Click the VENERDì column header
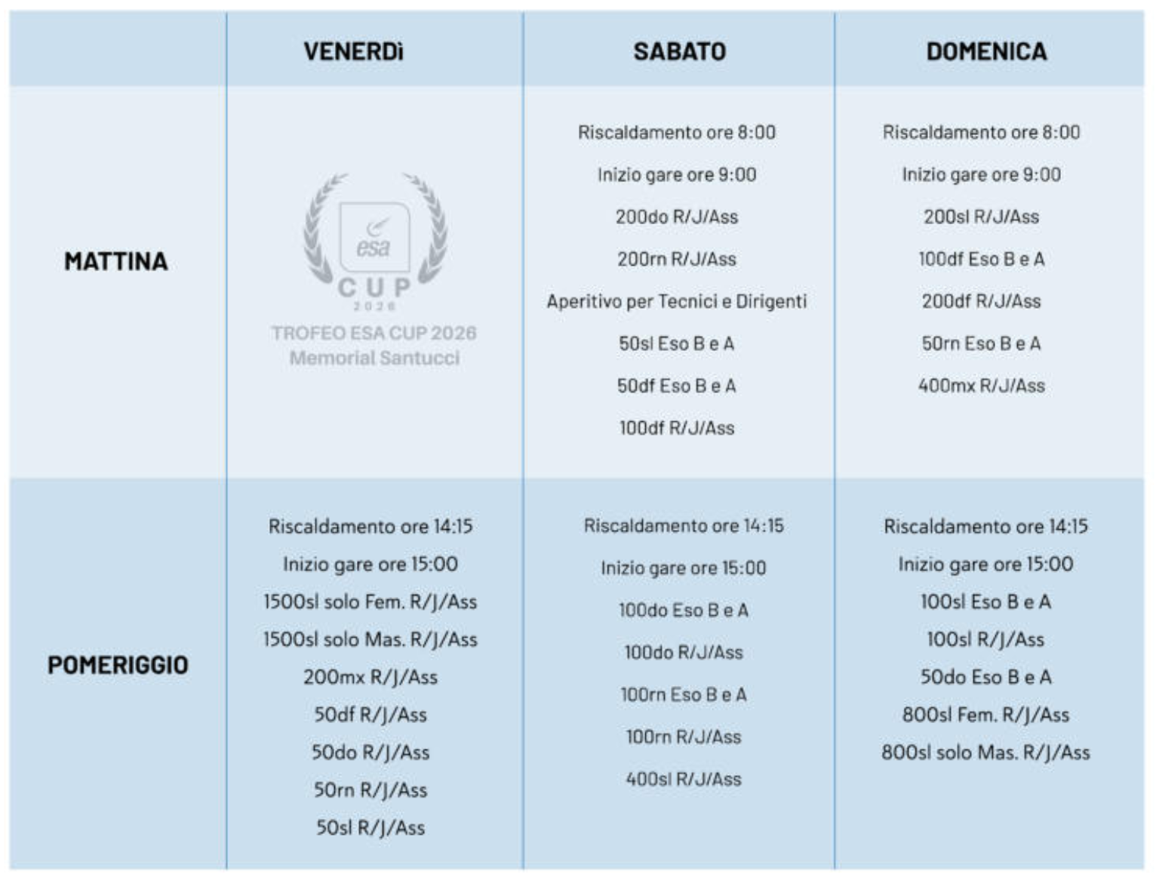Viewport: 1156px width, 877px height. pos(353,51)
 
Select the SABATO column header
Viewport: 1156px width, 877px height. pos(679,51)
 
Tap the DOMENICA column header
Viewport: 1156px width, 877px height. pos(986,51)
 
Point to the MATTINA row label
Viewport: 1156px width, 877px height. pos(115,261)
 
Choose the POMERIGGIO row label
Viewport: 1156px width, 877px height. pos(118,665)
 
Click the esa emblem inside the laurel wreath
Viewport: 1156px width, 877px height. pos(375,237)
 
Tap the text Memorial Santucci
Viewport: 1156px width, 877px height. pos(374,358)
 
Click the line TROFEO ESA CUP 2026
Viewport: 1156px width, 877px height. pos(374,333)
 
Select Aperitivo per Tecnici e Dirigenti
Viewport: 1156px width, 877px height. pos(677,301)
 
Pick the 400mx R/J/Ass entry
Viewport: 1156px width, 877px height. pos(981,386)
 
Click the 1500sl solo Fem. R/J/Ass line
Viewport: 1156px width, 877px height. pos(370,602)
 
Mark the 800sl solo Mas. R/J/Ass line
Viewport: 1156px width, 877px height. pos(985,752)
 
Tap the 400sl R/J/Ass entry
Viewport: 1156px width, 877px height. pos(684,779)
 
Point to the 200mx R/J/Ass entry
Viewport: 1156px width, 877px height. pos(370,677)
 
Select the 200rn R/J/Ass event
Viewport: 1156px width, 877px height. pos(677,259)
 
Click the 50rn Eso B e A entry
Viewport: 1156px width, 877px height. pos(981,343)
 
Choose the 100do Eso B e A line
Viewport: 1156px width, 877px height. pos(684,610)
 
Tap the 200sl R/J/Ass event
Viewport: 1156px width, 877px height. pos(981,217)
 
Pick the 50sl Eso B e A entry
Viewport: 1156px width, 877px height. pos(677,343)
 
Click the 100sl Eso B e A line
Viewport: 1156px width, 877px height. pos(985,602)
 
